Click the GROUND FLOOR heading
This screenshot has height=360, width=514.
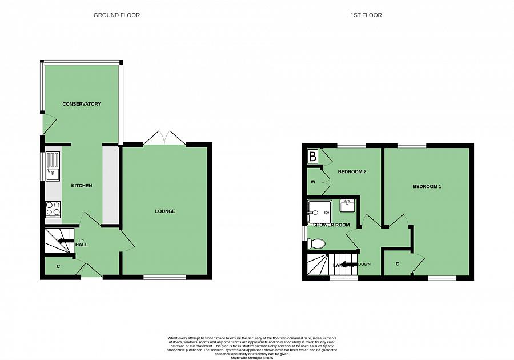tap(117, 15)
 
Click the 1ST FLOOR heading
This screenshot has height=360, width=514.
tap(366, 15)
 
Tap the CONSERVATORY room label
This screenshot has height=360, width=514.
tap(82, 104)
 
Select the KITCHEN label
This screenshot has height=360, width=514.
tap(81, 186)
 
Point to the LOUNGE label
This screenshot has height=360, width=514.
tap(165, 211)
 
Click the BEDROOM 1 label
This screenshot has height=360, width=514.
tap(427, 187)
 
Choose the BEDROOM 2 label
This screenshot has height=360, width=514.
tap(352, 171)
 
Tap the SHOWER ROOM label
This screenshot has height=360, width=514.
tap(331, 225)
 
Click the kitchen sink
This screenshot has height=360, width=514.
tap(53, 166)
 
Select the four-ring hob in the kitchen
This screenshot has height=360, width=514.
tap(53, 209)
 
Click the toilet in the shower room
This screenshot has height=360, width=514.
tap(316, 244)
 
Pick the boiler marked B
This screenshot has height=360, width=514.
tap(313, 155)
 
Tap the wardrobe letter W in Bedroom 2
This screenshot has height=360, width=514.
tap(312, 182)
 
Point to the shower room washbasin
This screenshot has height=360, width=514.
tap(348, 205)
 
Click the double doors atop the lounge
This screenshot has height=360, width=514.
tap(164, 138)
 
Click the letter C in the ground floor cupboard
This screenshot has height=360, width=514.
tap(58, 266)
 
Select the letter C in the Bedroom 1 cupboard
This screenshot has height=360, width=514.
tap(397, 264)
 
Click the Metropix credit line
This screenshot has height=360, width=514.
tap(252, 358)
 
